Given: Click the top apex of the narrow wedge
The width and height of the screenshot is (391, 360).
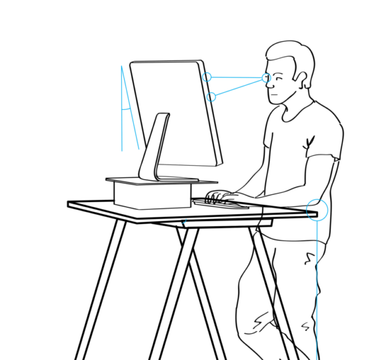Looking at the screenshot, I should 122,66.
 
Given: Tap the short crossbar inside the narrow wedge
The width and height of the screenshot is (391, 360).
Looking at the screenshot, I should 125,109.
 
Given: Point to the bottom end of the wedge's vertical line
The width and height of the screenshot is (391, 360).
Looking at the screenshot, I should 122,151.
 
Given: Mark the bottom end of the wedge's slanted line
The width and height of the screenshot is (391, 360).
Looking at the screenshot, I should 139,149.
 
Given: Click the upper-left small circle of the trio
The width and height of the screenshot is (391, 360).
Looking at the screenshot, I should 207,77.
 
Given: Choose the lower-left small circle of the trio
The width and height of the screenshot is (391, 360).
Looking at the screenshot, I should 211,97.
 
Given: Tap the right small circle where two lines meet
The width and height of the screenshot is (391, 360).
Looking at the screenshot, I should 266,78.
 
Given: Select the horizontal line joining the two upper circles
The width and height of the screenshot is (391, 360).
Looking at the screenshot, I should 236,78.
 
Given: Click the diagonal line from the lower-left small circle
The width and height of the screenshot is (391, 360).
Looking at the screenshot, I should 239,88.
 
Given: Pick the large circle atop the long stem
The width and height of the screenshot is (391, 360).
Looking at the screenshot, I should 317,210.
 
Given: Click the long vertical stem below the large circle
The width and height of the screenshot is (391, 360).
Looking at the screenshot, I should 317,286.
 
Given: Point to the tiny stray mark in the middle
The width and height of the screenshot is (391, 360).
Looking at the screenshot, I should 184,221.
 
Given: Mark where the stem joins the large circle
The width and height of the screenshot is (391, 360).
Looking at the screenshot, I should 317,221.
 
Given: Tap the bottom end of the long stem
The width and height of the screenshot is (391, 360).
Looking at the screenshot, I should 317,358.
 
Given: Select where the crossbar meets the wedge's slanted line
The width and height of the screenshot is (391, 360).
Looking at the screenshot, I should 130,108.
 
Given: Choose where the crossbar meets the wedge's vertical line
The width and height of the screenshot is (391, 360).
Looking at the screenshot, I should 122,110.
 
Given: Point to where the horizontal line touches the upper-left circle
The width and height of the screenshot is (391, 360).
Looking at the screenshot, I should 212,77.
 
